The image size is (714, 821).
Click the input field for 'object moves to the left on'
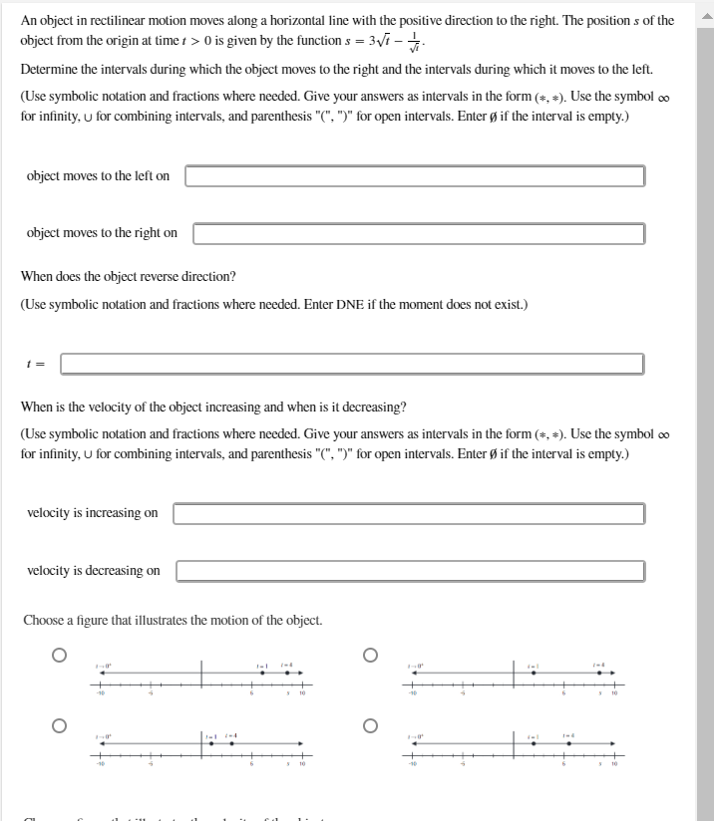tap(414, 176)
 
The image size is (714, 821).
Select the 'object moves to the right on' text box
tap(418, 233)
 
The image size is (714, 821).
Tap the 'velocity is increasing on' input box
tap(409, 513)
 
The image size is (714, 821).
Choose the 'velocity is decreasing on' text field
tap(410, 571)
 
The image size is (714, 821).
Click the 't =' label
tap(34, 365)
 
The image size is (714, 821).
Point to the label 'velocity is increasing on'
tap(92, 513)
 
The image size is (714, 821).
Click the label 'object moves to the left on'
tap(98, 176)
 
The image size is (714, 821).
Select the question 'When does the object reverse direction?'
tap(128, 276)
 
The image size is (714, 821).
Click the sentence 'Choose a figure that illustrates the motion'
tap(173, 620)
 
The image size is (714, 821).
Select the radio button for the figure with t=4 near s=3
tap(60, 726)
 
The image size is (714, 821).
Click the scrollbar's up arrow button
tap(706, 7)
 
